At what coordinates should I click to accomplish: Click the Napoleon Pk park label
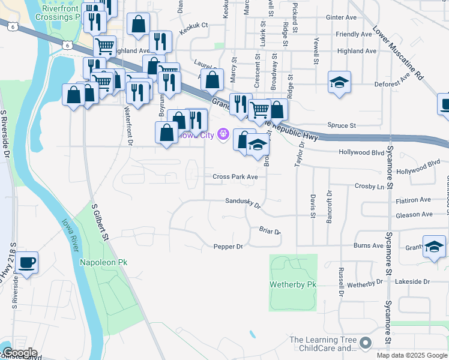tap(103, 263)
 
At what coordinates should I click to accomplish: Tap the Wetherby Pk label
tap(292, 283)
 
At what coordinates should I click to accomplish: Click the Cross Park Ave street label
tap(235, 177)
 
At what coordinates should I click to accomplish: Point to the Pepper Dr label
tap(228, 247)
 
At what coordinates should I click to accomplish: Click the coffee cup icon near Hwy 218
tap(26, 263)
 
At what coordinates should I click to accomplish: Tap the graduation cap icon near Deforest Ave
tap(339, 82)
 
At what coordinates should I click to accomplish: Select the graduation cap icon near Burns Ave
tap(434, 246)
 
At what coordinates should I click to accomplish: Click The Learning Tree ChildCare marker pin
tap(366, 343)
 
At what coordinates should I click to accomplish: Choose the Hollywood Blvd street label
tap(361, 153)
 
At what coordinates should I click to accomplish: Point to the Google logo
tap(19, 353)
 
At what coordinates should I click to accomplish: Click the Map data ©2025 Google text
tap(411, 355)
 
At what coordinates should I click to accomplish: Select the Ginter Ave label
tap(340, 17)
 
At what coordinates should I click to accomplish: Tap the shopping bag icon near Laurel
tap(212, 79)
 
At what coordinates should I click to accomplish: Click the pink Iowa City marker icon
tap(224, 134)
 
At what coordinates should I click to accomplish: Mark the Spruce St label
tap(342, 125)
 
